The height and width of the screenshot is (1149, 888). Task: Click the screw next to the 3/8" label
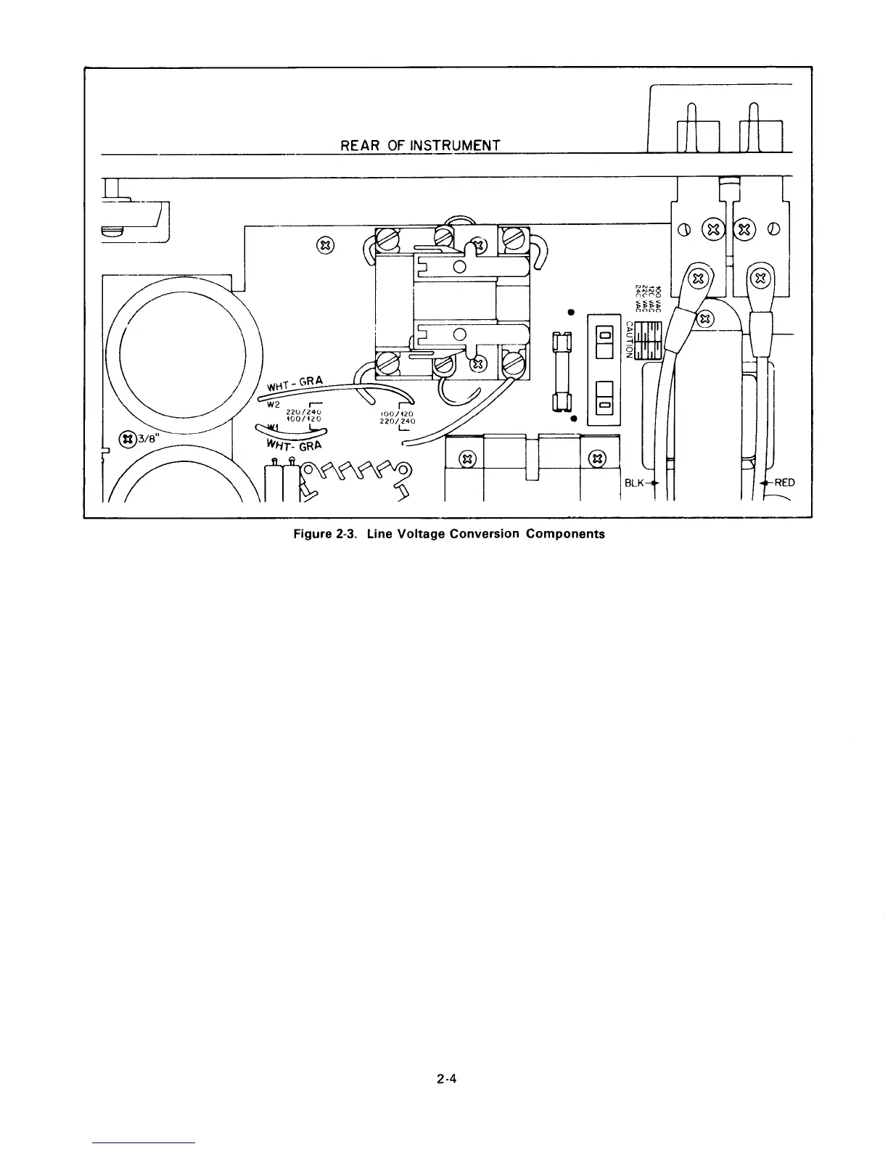coord(128,438)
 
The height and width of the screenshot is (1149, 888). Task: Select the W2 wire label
coord(274,403)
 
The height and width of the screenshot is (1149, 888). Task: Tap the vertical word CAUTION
coord(629,339)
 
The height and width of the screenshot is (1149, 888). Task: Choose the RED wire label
coord(784,482)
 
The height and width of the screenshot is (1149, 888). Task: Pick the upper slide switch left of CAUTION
coord(604,342)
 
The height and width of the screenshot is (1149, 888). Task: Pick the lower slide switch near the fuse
coord(604,398)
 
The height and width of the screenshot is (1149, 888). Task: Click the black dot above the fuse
coord(571,313)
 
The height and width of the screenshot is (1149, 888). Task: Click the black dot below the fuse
coord(572,419)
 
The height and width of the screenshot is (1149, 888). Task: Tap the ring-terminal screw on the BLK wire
coord(698,278)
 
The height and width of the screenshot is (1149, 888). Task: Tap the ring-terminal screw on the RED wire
coord(760,277)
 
